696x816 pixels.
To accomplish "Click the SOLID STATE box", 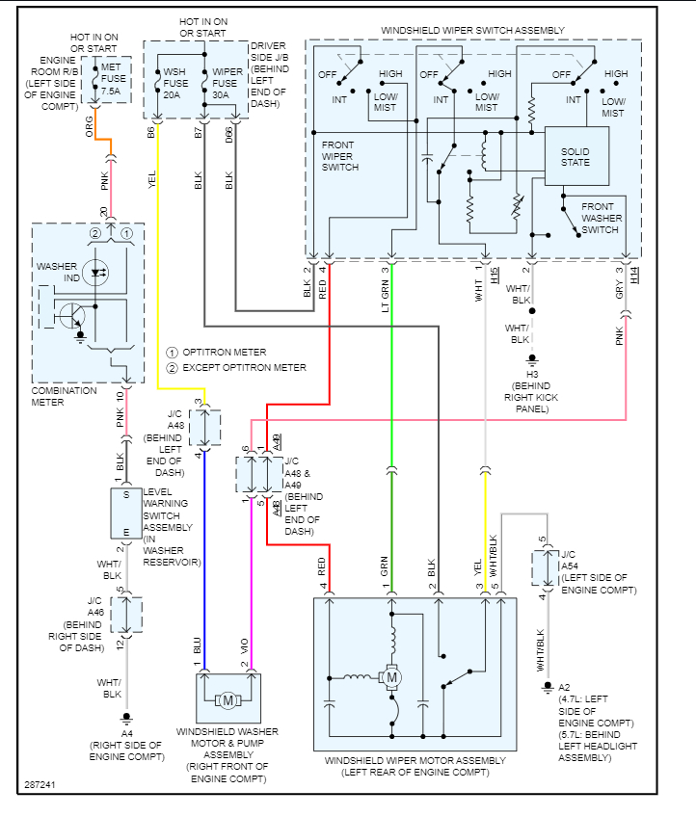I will [x=576, y=156].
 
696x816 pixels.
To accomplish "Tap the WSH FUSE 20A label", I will [x=174, y=84].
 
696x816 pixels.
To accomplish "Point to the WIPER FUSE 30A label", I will [x=228, y=84].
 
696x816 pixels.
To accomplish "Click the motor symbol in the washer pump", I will [x=228, y=700].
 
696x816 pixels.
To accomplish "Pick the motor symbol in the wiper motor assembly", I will [x=392, y=678].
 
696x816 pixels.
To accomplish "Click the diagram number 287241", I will [x=40, y=786].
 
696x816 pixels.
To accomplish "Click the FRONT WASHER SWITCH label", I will [x=602, y=218].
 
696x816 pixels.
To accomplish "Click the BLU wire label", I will [x=197, y=645].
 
